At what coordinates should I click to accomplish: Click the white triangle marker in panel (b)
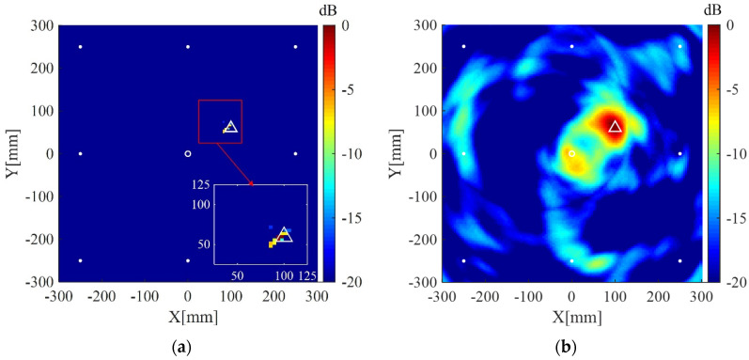[615, 127]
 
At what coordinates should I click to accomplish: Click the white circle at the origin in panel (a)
[188, 153]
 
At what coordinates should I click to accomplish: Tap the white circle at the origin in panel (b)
[572, 153]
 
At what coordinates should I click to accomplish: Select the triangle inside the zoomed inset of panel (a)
[284, 234]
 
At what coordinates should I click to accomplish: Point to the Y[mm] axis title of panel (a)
[11, 153]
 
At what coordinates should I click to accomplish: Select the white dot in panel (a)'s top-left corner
[80, 47]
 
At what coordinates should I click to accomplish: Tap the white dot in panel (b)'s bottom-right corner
[679, 260]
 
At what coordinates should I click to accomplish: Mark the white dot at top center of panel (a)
[188, 47]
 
